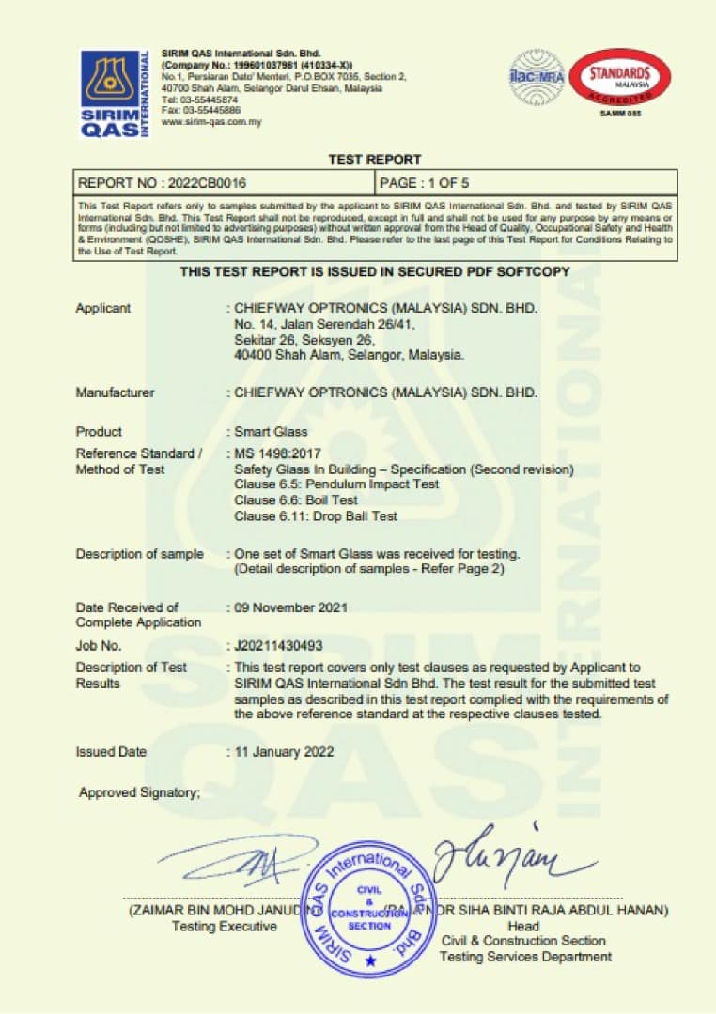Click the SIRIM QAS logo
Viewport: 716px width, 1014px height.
click(x=114, y=94)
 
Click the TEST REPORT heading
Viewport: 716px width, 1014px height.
click(x=375, y=160)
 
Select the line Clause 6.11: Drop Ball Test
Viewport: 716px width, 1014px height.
click(x=316, y=516)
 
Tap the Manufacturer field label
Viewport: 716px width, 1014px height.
click(x=115, y=392)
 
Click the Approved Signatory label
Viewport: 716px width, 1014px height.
click(x=139, y=793)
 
